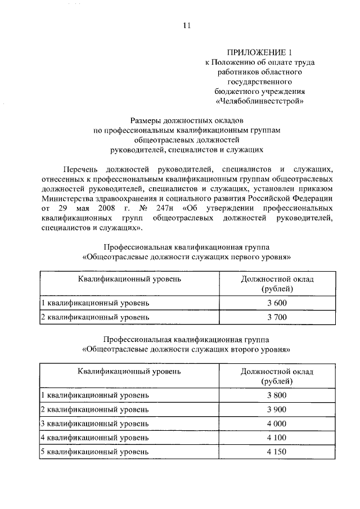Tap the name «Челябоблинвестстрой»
pos(260,101)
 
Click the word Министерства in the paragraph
pos(69,199)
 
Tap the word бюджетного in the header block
pos(238,91)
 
